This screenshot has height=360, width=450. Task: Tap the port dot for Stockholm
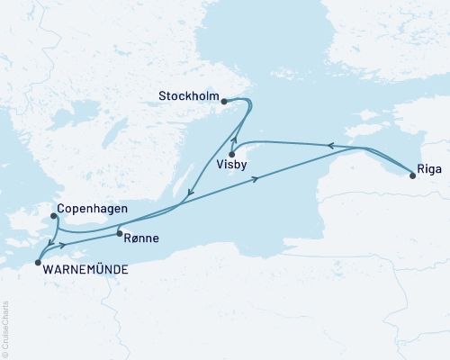[224, 102]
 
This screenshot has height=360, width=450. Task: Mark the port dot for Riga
[413, 175]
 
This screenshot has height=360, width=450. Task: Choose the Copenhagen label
[91, 209]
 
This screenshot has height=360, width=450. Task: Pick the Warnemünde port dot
[38, 263]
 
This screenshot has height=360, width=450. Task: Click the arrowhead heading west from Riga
[328, 145]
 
